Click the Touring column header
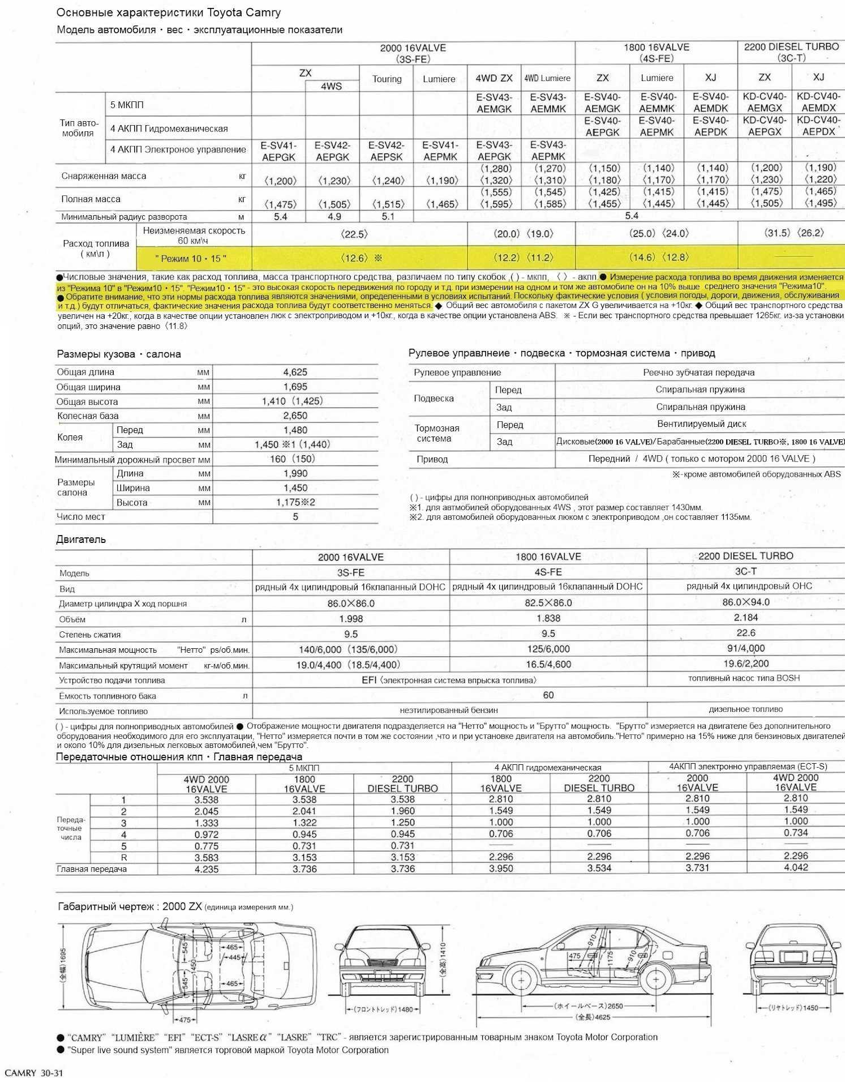point(387,79)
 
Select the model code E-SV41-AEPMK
point(440,151)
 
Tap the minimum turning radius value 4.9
point(334,217)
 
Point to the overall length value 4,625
point(295,373)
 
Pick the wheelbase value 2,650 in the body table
point(295,416)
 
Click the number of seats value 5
point(295,517)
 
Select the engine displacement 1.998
point(350,619)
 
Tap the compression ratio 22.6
point(745,633)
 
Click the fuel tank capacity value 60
point(548,695)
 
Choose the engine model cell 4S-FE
point(548,572)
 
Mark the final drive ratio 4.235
point(206,869)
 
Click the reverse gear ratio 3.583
point(206,858)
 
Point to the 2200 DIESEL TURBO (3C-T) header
point(791,52)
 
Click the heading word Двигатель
point(81,540)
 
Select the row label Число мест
point(81,517)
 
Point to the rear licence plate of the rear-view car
point(791,957)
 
